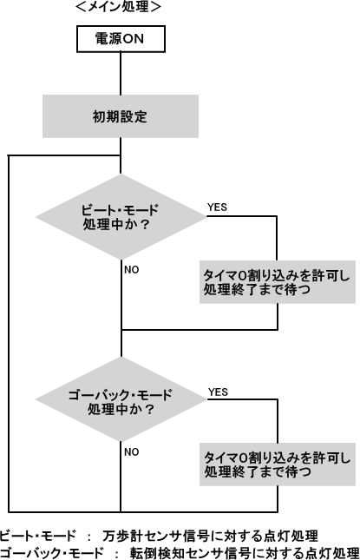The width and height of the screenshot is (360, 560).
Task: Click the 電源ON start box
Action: (x=121, y=39)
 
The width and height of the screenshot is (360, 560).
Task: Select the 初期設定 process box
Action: (x=121, y=116)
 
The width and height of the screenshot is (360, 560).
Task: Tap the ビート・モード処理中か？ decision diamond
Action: (x=121, y=217)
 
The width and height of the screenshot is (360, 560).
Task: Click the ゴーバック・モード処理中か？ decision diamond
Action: (x=121, y=399)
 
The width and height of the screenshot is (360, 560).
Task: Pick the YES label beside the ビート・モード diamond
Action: (x=217, y=208)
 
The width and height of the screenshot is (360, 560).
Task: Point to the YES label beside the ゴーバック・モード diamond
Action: (x=218, y=392)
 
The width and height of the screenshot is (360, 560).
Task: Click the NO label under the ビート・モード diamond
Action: (x=132, y=270)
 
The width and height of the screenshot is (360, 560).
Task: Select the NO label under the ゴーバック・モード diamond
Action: (x=132, y=451)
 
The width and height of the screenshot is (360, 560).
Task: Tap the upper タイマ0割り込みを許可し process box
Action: (x=278, y=282)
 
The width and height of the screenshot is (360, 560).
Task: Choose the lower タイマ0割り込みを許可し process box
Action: (x=278, y=464)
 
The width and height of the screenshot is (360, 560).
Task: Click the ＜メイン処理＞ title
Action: (x=119, y=7)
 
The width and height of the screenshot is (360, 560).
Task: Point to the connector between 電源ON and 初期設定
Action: (x=121, y=74)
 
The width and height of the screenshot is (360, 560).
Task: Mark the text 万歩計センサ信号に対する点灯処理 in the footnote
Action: (x=210, y=536)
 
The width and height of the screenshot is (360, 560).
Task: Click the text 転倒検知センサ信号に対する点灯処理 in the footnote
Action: (x=245, y=553)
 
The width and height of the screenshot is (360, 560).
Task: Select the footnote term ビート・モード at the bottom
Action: (x=38, y=536)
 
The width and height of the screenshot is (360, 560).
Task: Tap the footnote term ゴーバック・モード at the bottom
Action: (x=52, y=553)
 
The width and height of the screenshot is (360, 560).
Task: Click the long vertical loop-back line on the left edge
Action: (x=9, y=333)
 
